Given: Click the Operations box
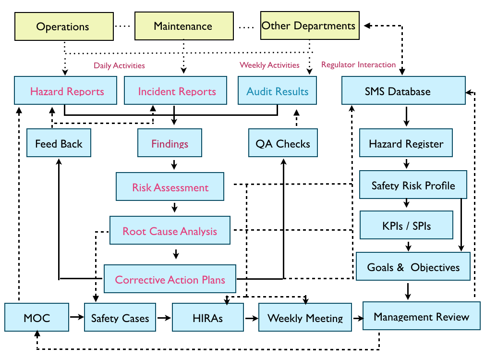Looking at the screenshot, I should (x=63, y=26).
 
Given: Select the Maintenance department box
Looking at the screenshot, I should (x=183, y=26).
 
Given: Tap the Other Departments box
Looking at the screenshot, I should (x=309, y=25).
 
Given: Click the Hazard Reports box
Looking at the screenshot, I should (x=67, y=91).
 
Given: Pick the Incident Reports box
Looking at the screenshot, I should (x=176, y=91).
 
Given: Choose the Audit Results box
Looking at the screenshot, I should (x=277, y=91).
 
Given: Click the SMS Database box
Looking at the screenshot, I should (x=403, y=91).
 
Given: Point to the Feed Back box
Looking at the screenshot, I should (x=59, y=143).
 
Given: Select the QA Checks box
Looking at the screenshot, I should (x=283, y=143).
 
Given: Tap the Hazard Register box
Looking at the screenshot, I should (x=406, y=143).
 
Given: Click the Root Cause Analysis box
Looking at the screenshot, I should (x=170, y=231).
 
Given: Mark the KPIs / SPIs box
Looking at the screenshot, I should (x=406, y=225).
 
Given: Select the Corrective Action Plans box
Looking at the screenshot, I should (x=170, y=279).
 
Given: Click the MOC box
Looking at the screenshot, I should (x=36, y=318).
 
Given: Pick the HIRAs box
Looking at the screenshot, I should (x=207, y=318).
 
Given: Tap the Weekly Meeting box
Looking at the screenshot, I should (x=305, y=318).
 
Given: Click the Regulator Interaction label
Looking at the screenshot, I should (x=358, y=64).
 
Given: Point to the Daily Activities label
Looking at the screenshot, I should (x=119, y=65).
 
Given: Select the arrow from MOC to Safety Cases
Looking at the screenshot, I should (x=76, y=317).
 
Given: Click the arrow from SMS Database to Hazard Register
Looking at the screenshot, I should (x=406, y=116).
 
